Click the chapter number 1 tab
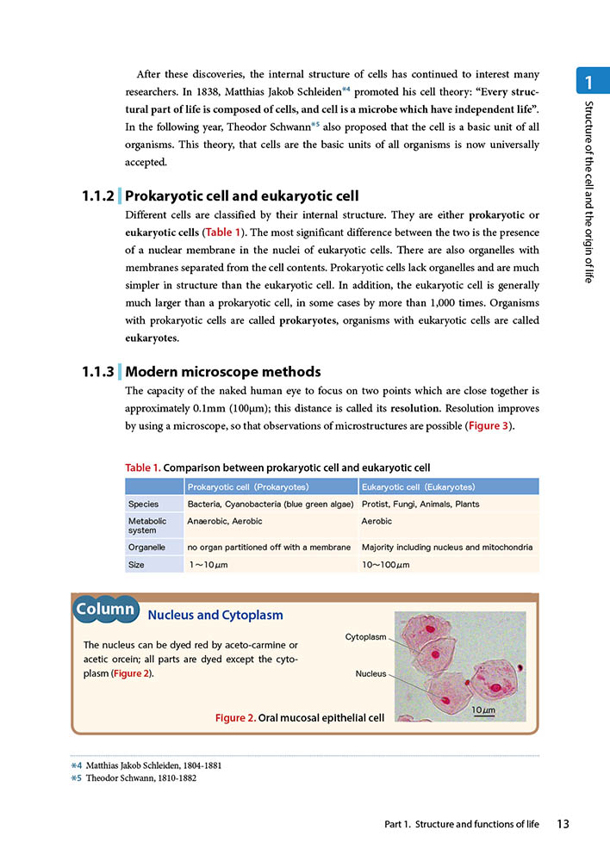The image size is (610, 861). click(x=588, y=84)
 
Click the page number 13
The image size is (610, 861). click(x=563, y=824)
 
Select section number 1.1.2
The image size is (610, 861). click(x=97, y=196)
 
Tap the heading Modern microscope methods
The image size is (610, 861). click(x=223, y=372)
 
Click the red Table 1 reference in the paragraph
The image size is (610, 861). click(x=222, y=232)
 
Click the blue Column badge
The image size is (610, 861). click(x=105, y=610)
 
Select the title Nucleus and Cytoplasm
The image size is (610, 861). click(x=215, y=615)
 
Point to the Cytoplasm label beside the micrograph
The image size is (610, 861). click(x=365, y=637)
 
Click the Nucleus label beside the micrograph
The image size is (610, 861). click(x=371, y=673)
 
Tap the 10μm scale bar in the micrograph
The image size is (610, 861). click(x=483, y=711)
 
